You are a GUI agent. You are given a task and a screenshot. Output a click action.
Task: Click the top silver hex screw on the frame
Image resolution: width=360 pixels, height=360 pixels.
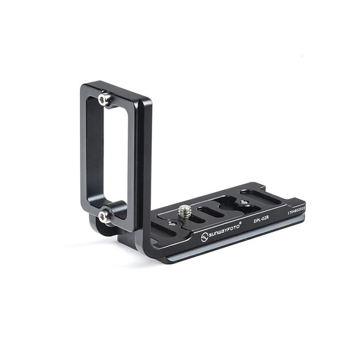coord(105,99)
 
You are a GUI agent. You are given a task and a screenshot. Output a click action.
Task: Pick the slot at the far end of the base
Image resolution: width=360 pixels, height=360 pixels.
coord(261,196)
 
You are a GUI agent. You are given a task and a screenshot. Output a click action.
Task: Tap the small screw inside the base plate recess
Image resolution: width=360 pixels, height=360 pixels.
coord(243,203)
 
